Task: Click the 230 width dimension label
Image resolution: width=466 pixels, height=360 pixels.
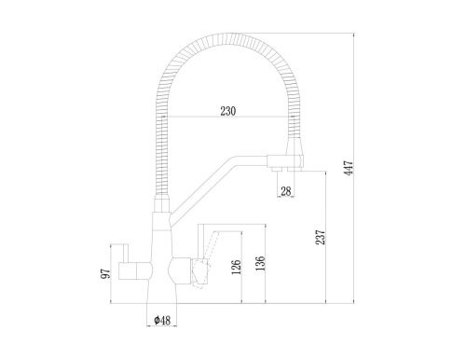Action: (228, 111)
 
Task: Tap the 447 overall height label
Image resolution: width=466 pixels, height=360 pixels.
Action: (349, 168)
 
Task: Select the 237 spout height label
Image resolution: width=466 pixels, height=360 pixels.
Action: (321, 237)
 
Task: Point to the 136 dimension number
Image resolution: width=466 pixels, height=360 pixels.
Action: (260, 263)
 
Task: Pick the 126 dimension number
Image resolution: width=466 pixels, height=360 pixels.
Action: (237, 268)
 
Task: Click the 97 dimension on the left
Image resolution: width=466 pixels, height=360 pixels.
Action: (106, 273)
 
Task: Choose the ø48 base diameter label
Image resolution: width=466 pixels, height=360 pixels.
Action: (162, 320)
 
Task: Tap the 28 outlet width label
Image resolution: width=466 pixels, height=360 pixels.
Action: (286, 191)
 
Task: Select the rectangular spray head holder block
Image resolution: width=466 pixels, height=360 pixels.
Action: (285, 161)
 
